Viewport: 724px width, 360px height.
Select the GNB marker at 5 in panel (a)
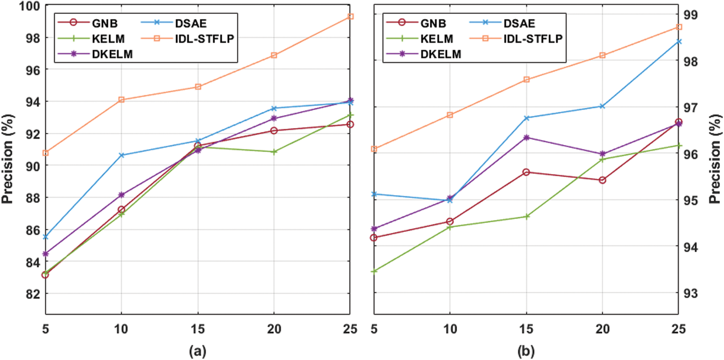pos(45,275)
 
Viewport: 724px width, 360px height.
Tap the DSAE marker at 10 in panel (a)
pos(122,155)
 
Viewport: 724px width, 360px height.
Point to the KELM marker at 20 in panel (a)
pos(274,152)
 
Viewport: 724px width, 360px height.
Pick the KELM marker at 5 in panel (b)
pos(374,271)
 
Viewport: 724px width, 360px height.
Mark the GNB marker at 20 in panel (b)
pos(602,180)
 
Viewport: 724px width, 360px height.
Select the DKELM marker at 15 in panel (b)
pos(527,138)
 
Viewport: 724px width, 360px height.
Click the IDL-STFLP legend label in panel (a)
pos(204,39)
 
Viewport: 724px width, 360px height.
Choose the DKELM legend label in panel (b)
pos(440,54)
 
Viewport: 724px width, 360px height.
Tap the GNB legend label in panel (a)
pos(105,23)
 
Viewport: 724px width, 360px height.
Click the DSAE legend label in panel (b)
pos(519,23)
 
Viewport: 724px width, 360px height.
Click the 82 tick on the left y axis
pos(33,294)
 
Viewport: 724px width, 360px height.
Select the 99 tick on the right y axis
pos(690,15)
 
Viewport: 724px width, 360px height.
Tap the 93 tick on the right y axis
pos(690,293)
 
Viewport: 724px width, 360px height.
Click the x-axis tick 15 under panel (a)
pos(198,329)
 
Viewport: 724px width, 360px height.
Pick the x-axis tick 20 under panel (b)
pos(602,329)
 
